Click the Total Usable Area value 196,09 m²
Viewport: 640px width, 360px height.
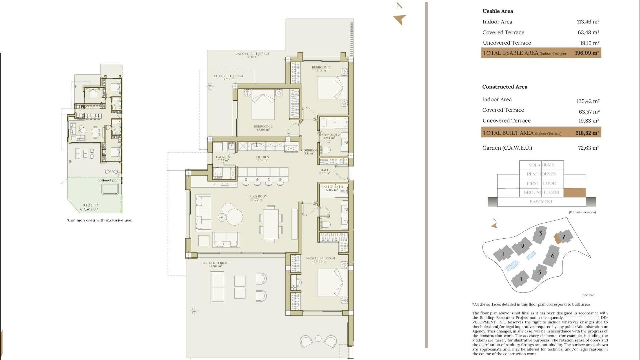tap(587, 53)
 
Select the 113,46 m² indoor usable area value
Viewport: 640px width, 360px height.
tap(588, 22)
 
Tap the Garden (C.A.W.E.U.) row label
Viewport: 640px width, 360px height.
tap(507, 148)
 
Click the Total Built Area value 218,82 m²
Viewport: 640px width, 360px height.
tap(587, 133)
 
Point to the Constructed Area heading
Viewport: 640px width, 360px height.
tap(504, 87)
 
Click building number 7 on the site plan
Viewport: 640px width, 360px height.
tap(564, 237)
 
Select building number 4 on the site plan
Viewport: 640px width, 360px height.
tap(520, 279)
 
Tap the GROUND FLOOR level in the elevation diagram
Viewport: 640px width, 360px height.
tap(541, 192)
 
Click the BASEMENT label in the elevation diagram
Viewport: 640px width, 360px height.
tap(541, 202)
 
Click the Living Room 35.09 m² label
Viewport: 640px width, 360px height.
tap(257, 198)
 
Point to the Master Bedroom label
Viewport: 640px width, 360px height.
tap(320, 260)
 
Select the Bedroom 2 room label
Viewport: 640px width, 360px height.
tap(263, 128)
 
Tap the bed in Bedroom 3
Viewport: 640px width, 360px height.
tap(329, 88)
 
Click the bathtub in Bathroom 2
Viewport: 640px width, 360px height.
tap(334, 123)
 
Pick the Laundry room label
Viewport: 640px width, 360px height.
tap(223, 159)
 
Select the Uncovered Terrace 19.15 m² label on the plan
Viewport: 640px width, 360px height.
tap(252, 55)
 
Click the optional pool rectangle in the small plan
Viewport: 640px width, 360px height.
tap(110, 189)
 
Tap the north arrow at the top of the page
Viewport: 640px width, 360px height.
tap(400, 19)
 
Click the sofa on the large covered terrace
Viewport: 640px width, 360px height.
tap(217, 287)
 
